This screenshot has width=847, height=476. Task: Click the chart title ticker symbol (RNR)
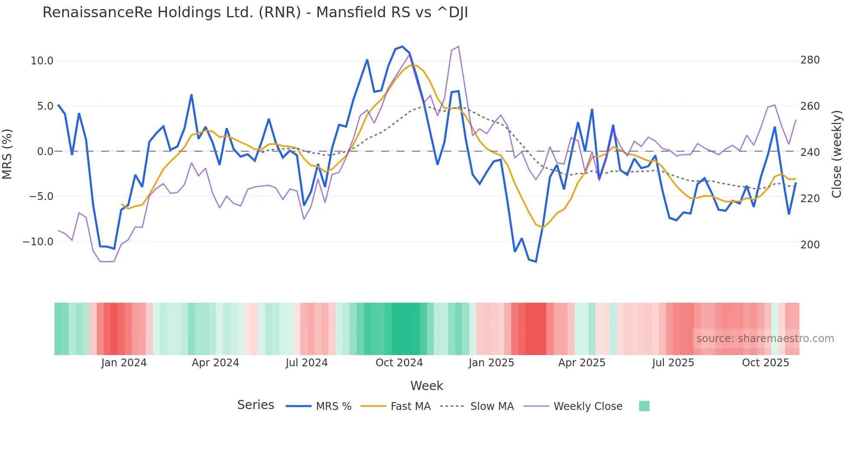point(280,13)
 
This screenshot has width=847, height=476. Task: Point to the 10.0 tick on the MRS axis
point(42,61)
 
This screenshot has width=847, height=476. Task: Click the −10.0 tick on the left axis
point(38,242)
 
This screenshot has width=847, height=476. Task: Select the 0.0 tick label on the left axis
point(45,152)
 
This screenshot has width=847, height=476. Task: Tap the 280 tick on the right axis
point(810,60)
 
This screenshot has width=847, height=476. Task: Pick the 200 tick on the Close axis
point(810,245)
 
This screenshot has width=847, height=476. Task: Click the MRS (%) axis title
point(7,154)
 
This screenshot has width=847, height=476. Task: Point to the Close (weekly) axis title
point(837,154)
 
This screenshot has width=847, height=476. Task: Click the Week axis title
point(427,386)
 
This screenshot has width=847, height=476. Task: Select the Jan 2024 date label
point(124,363)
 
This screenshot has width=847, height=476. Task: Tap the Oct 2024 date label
point(399,363)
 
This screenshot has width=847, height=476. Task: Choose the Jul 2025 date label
point(673,363)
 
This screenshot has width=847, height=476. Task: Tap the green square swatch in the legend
point(644,406)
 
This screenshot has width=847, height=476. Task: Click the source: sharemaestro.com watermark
point(765,339)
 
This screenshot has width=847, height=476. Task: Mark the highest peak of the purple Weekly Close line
point(458,47)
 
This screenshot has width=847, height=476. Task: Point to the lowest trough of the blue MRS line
point(536,262)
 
